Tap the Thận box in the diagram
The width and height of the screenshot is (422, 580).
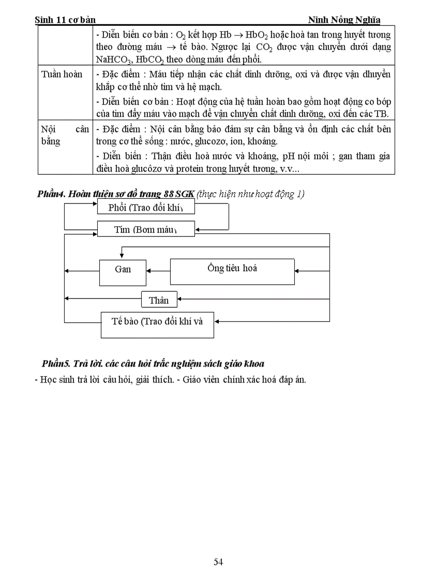coord(159,300)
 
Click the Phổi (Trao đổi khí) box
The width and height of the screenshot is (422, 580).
coord(145,208)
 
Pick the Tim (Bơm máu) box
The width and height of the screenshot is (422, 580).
coord(145,229)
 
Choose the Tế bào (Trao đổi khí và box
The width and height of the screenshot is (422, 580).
coord(157,324)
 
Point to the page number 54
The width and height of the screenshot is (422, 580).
coord(218,562)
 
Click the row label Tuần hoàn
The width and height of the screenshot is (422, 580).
coord(62,74)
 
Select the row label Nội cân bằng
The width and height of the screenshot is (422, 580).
coord(65,134)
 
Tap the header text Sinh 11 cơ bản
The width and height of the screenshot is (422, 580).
coord(65,20)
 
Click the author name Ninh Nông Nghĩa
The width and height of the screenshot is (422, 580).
coord(344,20)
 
